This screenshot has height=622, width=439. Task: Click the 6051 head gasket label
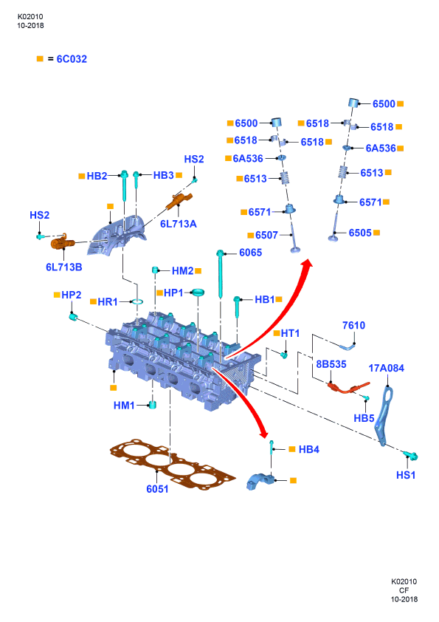pyautogui.click(x=157, y=489)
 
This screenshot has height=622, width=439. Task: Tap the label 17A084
pyautogui.click(x=387, y=368)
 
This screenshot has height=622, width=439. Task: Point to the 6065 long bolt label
pyautogui.click(x=250, y=253)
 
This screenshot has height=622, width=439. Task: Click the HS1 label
pyautogui.click(x=406, y=475)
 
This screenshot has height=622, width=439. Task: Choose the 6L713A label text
pyautogui.click(x=179, y=224)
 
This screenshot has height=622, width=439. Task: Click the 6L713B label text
pyautogui.click(x=63, y=267)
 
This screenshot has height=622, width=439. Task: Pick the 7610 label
pyautogui.click(x=353, y=325)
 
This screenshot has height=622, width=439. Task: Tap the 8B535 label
pyautogui.click(x=331, y=364)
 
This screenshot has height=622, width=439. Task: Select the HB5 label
pyautogui.click(x=364, y=418)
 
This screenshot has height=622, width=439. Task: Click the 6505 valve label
pyautogui.click(x=360, y=233)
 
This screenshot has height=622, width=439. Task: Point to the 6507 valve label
pyautogui.click(x=266, y=235)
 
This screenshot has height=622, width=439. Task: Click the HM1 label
pyautogui.click(x=124, y=406)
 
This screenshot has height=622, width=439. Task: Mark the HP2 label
pyautogui.click(x=72, y=295)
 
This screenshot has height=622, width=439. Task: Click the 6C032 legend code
pyautogui.click(x=72, y=59)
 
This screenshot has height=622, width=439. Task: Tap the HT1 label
pyautogui.click(x=290, y=334)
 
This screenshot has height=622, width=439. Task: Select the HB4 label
pyautogui.click(x=309, y=449)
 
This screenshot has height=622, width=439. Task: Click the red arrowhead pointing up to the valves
pyautogui.click(x=306, y=264)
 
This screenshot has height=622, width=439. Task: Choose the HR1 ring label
pyautogui.click(x=108, y=302)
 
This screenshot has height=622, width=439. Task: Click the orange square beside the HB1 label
pyautogui.click(x=279, y=299)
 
